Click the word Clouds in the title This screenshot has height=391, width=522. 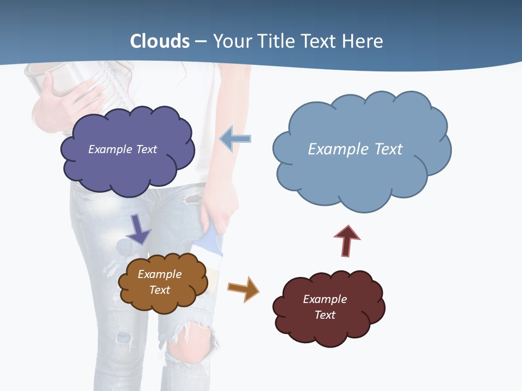coord(160,41)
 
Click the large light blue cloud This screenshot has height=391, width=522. coord(359,174)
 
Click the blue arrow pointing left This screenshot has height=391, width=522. coord(235,139)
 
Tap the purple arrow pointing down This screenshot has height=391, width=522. coord(138,230)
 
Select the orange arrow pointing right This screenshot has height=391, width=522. coord(244,288)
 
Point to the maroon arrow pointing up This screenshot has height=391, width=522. coord(346,241)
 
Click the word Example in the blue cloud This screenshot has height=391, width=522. coord(332,149)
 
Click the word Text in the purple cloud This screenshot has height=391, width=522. coord(146,149)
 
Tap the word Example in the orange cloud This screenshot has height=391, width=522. coord(159,274)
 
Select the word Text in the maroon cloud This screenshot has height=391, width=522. coord(325,315)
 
